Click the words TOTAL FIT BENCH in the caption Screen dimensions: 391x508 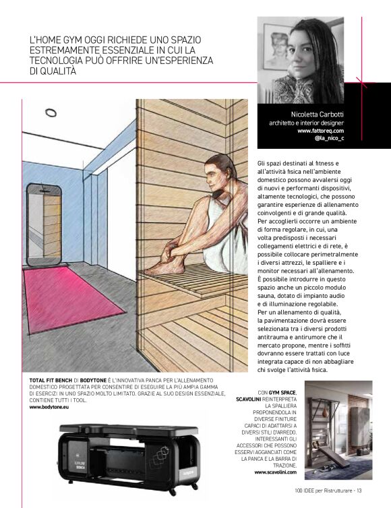[53, 381]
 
